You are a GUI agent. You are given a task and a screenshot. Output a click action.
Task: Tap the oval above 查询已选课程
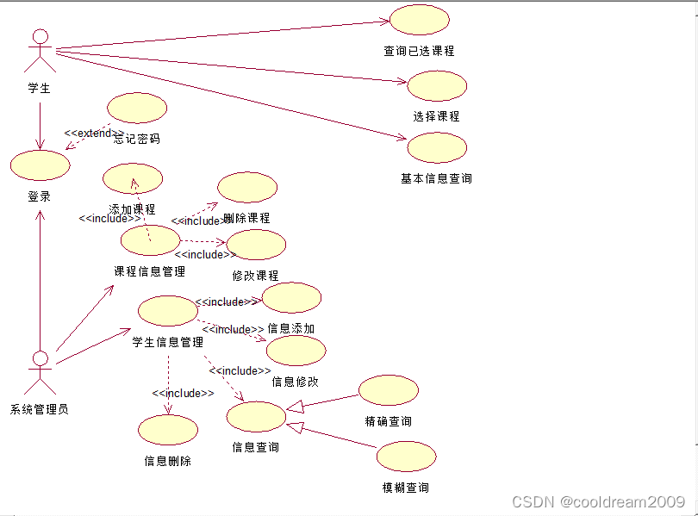click(420, 20)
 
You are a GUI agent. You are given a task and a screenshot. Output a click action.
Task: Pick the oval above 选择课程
click(437, 86)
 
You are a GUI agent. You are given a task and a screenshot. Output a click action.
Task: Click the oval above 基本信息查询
click(437, 148)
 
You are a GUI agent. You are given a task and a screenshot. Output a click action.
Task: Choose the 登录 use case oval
click(40, 165)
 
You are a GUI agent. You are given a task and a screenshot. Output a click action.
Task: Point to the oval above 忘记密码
click(136, 108)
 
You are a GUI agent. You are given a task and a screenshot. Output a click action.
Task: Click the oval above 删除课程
click(247, 188)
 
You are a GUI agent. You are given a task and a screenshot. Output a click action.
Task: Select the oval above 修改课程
click(256, 245)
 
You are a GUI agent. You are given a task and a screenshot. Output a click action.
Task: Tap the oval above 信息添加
click(291, 298)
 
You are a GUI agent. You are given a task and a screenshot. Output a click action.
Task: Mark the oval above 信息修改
click(296, 351)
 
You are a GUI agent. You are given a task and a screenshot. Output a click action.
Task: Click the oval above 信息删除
click(167, 430)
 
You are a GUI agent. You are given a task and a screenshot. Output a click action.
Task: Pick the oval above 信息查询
click(255, 417)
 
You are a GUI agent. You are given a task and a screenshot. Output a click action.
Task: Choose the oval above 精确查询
click(388, 390)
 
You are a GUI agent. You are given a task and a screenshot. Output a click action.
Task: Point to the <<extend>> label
click(89, 134)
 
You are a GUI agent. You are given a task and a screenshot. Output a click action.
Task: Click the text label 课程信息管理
click(150, 271)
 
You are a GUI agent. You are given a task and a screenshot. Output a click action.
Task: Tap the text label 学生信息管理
click(167, 342)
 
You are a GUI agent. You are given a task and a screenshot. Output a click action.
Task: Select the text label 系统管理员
click(40, 409)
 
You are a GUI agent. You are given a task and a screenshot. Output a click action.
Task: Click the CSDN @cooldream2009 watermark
click(598, 501)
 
